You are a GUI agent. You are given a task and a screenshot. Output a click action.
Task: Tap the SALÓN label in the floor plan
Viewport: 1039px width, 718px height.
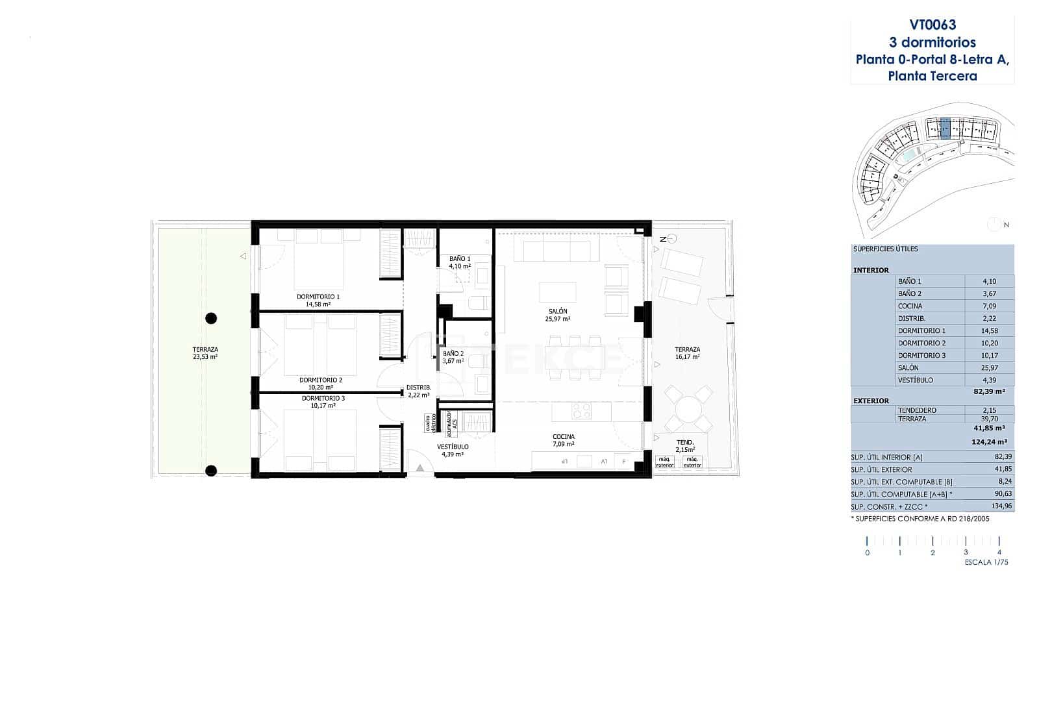tap(558, 312)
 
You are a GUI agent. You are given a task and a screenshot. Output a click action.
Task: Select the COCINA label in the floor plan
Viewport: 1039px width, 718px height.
tap(564, 437)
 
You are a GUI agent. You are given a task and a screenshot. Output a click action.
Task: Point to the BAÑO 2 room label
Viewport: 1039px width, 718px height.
tap(453, 354)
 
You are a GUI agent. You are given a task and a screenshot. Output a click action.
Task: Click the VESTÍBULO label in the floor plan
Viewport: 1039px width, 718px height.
tap(453, 447)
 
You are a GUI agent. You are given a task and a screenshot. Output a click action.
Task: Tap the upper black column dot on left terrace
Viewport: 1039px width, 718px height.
tap(211, 318)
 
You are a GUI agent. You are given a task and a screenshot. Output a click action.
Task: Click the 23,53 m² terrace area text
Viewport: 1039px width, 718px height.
tap(205, 356)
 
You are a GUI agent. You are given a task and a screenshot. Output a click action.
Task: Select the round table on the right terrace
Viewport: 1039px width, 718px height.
tap(688, 410)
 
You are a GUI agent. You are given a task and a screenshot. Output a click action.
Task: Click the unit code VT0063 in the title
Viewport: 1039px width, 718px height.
tap(933, 25)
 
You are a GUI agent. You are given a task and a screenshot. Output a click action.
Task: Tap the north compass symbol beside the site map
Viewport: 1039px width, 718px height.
tap(994, 225)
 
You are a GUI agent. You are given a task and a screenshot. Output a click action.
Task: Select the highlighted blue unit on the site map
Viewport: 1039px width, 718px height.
tap(945, 129)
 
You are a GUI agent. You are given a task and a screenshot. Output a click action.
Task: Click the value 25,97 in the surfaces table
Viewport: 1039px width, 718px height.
tap(989, 367)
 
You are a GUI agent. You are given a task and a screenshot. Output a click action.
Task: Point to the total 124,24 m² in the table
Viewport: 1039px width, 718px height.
tap(988, 442)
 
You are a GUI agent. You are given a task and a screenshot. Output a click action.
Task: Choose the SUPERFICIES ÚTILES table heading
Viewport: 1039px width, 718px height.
tap(885, 249)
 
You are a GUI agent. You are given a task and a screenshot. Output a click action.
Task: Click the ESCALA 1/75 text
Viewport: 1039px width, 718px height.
tap(986, 562)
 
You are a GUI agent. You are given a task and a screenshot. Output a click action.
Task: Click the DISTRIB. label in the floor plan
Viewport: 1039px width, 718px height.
tap(419, 388)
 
